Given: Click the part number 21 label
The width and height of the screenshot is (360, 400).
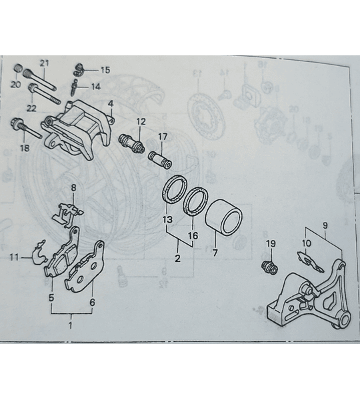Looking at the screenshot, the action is [44, 63].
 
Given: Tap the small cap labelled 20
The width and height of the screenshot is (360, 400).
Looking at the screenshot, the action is [18, 68].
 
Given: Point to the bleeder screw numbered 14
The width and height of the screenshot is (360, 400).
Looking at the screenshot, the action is [73, 88].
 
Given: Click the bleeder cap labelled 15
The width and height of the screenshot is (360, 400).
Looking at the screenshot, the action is [79, 69].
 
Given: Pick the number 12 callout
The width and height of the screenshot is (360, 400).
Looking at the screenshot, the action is [141, 121].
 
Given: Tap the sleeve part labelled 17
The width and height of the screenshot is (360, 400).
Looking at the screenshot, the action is [160, 160].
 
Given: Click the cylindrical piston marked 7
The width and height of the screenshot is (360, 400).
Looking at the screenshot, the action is [224, 217].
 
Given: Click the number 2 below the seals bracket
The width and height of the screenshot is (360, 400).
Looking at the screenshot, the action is [178, 259].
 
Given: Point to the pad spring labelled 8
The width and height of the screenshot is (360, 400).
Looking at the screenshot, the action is [68, 214].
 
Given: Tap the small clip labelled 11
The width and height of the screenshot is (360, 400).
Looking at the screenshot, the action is [40, 253].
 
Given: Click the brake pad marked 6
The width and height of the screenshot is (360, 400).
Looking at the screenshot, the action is [85, 267].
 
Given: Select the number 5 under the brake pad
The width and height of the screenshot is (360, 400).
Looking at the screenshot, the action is [51, 297].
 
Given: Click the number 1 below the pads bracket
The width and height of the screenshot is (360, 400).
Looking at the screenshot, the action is [71, 325].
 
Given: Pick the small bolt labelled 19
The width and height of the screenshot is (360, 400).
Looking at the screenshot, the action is [269, 268].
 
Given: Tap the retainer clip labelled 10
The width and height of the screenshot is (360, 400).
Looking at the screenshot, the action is [310, 261].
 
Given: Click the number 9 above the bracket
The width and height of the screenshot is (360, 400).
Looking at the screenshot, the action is [325, 225].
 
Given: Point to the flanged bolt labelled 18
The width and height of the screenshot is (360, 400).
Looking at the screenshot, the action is [26, 128].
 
